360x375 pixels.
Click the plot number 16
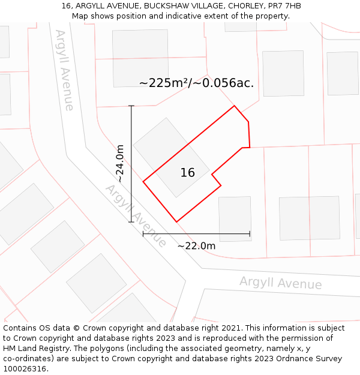pyautogui.click(x=187, y=173)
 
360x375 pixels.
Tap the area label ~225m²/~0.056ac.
pyautogui.click(x=196, y=83)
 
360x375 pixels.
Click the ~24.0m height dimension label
pyautogui.click(x=120, y=163)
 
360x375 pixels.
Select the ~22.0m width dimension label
pyautogui.click(x=196, y=245)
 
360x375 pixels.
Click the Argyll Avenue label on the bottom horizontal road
pyautogui.click(x=280, y=283)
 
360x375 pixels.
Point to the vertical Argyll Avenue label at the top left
pyautogui.click(x=65, y=70)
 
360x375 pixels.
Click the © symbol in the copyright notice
pyautogui.click(x=76, y=328)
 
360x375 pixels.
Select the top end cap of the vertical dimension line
pyautogui.click(x=131, y=106)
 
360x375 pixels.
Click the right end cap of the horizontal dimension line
pyautogui.click(x=250, y=233)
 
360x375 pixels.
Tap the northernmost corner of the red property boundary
pyautogui.click(x=234, y=106)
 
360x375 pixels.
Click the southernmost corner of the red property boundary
pyautogui.click(x=176, y=222)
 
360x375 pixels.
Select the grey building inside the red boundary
pyautogui.click(x=172, y=157)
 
